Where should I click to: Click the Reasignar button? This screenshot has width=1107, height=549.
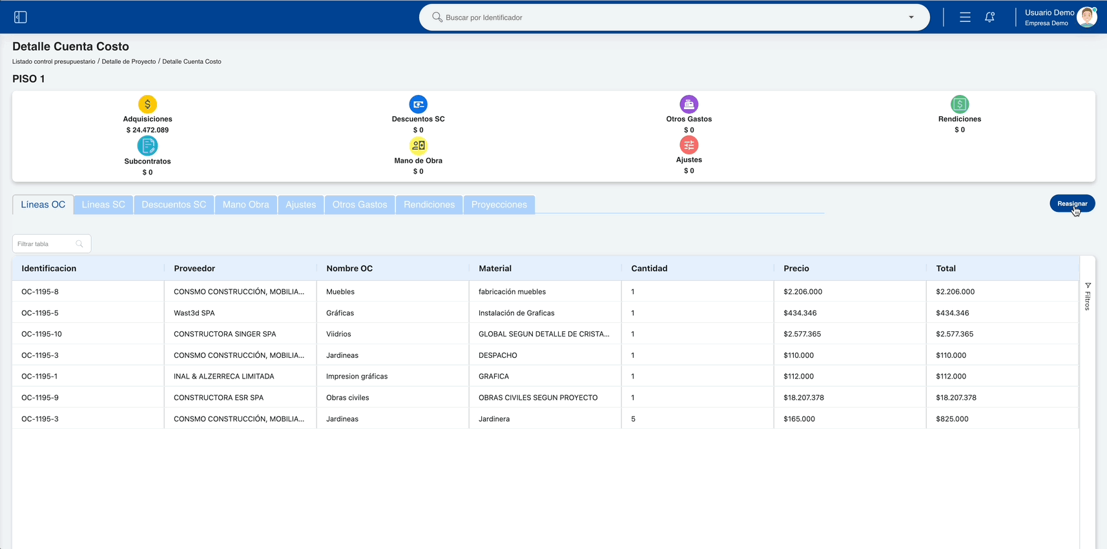[1072, 203]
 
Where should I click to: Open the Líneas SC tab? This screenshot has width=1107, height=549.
[103, 205]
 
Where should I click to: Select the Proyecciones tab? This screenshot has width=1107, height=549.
[499, 205]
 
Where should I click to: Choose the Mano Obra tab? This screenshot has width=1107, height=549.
[245, 205]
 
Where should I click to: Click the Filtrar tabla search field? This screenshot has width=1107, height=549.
[52, 243]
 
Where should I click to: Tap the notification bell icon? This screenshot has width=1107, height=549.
[989, 17]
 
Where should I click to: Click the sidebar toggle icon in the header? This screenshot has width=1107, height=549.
[20, 17]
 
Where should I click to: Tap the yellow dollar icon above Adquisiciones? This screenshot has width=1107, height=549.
[147, 104]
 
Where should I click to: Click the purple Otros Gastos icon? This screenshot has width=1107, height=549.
[689, 104]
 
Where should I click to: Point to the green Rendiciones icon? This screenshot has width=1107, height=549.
[960, 104]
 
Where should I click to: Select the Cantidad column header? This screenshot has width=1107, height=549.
[649, 268]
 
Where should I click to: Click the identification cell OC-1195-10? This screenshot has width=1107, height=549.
[41, 334]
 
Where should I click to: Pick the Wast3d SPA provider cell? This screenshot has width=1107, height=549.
[194, 313]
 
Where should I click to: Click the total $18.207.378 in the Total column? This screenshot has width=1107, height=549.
[956, 397]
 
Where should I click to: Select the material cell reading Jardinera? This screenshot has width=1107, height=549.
[493, 419]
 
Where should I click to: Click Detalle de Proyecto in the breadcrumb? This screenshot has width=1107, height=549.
[129, 62]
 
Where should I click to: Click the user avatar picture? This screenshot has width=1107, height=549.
[1087, 17]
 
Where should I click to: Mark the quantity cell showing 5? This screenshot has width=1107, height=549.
[633, 419]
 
